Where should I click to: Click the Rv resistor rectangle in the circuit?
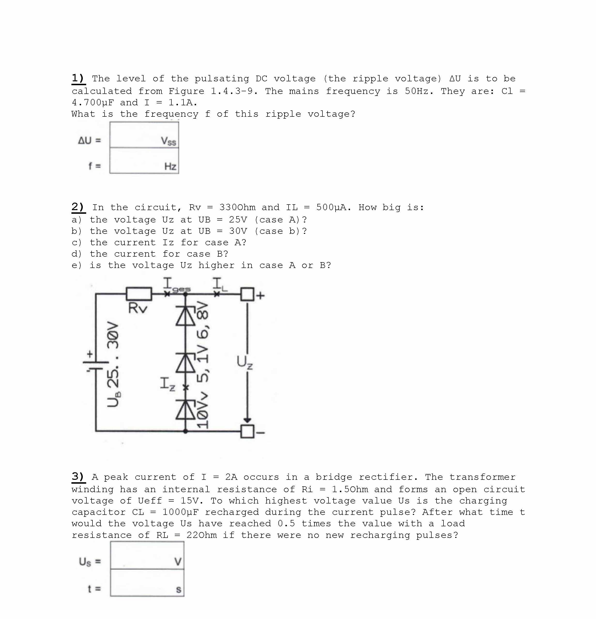tap(139, 294)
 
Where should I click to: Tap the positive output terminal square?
tap(247, 294)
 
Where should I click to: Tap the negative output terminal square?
tap(247, 431)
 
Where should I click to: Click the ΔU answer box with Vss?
tap(144, 135)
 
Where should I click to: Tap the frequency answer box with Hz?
tap(144, 160)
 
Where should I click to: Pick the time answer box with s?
tap(147, 583)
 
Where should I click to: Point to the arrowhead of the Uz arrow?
tap(247, 420)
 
